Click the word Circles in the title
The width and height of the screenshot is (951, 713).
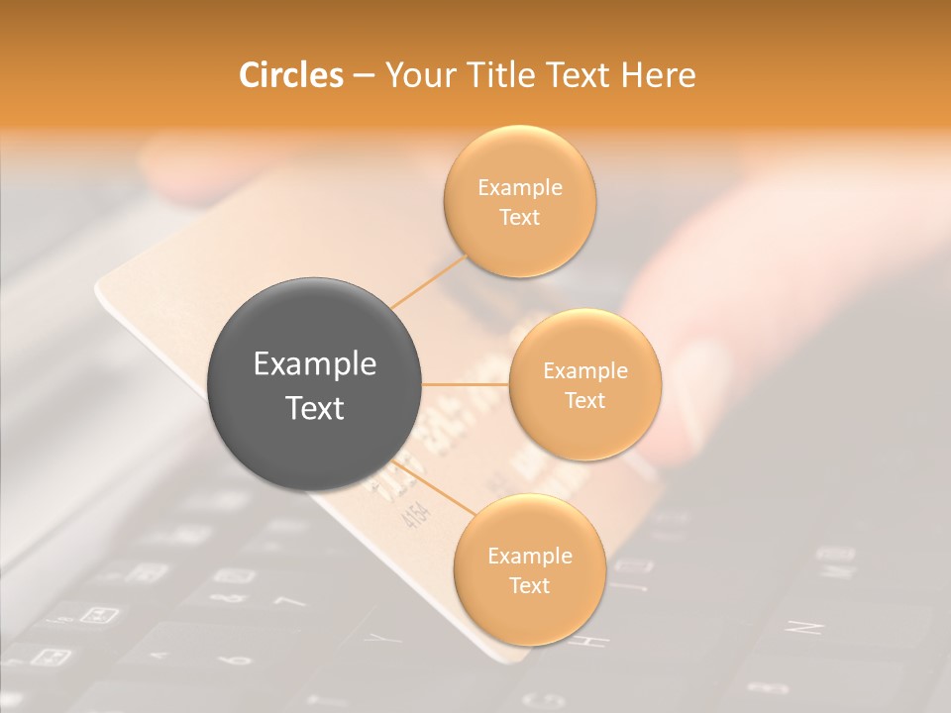pos(290,75)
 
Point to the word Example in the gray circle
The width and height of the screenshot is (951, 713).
pos(315,364)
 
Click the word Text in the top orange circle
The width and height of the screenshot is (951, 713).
pos(520,218)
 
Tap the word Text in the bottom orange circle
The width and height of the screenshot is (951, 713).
pos(529,585)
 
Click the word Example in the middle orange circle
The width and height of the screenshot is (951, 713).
pos(585,370)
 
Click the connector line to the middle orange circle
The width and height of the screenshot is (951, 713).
pos(466,384)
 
